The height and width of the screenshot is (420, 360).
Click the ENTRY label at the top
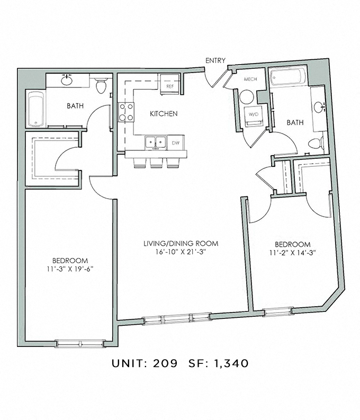tap(215, 61)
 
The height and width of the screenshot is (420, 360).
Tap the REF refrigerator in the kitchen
tap(170, 85)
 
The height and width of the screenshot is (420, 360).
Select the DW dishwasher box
tap(175, 142)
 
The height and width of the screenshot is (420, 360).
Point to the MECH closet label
tap(250, 79)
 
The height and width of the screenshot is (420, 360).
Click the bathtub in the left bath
tap(35, 110)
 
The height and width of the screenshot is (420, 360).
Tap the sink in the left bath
tap(67, 81)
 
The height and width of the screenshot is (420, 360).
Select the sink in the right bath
tap(319, 108)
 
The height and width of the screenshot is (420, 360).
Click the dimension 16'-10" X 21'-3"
tap(181, 252)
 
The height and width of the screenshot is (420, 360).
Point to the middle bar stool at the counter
tap(156, 163)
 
